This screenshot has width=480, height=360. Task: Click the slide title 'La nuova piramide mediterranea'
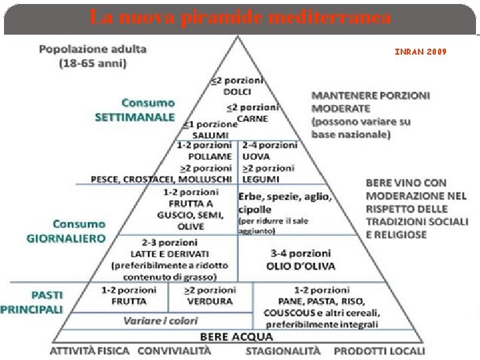[x=240, y=17]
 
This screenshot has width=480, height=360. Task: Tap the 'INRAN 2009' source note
[x=420, y=51]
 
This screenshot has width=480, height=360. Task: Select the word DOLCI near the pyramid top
[x=237, y=91]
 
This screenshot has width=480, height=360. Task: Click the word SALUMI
[x=211, y=135]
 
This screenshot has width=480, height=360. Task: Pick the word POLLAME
[x=209, y=157]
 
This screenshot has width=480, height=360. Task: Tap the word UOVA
[x=257, y=157]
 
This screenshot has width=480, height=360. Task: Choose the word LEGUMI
[x=259, y=179]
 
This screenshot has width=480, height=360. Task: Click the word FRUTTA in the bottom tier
[x=129, y=301]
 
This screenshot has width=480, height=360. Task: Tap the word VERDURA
[x=210, y=301]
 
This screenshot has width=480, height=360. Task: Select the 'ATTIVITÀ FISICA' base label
[x=92, y=351]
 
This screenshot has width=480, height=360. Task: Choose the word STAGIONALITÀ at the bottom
[x=283, y=351]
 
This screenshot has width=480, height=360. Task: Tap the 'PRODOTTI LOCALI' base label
[x=379, y=351]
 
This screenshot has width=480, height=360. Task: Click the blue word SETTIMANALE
[x=135, y=117]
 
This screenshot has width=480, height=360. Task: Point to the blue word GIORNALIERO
[x=66, y=237]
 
